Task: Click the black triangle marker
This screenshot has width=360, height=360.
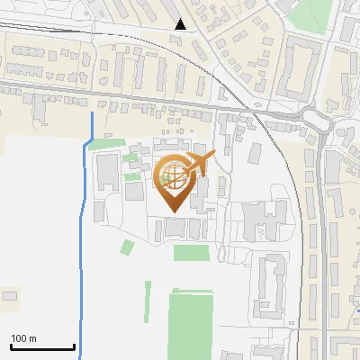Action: coord(182,24)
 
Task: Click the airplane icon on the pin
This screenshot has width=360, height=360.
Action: coord(198,164)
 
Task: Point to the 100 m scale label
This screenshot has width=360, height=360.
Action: coord(23,338)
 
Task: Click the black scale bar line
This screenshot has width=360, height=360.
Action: coord(42,346)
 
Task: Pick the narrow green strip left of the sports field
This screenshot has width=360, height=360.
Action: coord(148,304)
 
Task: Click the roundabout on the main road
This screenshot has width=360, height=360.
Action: coord(314,118)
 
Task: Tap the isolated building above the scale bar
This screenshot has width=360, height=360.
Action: coord(11,295)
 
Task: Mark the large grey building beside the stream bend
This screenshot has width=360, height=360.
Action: coord(107,169)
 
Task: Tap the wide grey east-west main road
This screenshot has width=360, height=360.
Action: coord(135,98)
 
